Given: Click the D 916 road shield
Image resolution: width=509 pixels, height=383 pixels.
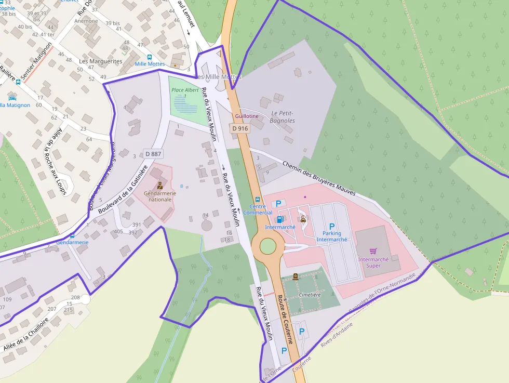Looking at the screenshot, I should coord(240,128).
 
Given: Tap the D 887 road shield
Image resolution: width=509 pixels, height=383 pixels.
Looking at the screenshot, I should coord(154,154).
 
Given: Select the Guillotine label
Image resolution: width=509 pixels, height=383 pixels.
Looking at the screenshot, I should coord(247,116).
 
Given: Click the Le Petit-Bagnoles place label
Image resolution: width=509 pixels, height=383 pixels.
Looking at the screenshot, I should coord(283,117).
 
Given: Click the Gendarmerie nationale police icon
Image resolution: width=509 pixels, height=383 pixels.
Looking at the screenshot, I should coord(160,186).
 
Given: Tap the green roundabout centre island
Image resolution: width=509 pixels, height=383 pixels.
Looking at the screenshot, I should coord(267,246).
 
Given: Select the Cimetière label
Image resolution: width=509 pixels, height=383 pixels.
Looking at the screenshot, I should coord(311,295).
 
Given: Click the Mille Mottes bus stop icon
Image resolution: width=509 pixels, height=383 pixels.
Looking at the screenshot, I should coord(150,57).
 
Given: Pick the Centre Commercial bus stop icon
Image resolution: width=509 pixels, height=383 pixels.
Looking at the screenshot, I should coord(258,200).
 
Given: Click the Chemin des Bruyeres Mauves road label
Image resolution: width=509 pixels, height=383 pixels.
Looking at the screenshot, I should coord(319,178).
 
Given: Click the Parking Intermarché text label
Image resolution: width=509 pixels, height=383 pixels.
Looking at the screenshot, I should coord(332,236).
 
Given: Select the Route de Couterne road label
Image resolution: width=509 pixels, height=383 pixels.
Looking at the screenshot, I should coord(286,320).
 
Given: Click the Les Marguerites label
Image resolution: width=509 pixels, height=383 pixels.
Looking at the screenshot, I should coord(101,61).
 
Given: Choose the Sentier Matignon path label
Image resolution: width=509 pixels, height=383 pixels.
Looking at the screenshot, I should coord(36,62).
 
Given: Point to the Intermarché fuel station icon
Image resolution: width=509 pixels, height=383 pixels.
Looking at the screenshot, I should coord(280,220).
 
